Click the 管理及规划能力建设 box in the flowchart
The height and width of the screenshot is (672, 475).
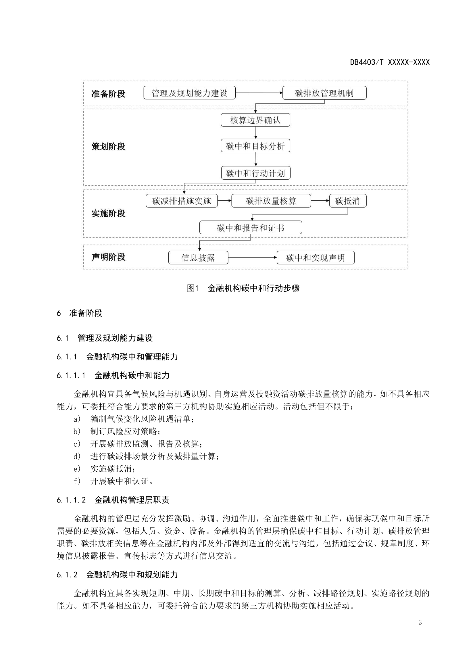click(x=189, y=93)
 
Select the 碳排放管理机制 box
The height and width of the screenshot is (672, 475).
click(x=324, y=93)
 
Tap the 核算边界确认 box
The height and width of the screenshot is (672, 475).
click(x=255, y=120)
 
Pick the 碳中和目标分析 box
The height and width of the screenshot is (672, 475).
click(x=255, y=146)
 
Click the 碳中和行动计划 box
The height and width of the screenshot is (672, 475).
click(x=255, y=173)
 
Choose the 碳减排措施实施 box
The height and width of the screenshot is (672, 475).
click(x=181, y=201)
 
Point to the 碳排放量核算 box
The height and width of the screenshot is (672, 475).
click(x=271, y=201)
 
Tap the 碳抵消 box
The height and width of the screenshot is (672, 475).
click(x=347, y=201)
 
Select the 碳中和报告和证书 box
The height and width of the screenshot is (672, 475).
click(x=251, y=227)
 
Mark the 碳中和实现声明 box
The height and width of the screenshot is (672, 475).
click(x=315, y=258)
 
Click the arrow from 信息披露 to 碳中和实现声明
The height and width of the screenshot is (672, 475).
click(x=252, y=258)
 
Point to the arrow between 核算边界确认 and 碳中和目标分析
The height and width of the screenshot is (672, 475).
click(x=255, y=133)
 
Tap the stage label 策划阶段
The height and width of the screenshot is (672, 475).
click(x=108, y=146)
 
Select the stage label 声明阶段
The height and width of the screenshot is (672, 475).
click(x=108, y=257)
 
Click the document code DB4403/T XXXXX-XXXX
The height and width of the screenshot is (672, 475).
click(x=390, y=62)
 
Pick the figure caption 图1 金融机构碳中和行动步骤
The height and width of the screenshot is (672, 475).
click(x=243, y=288)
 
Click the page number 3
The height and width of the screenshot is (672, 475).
click(x=420, y=623)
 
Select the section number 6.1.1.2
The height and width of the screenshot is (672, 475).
click(x=71, y=500)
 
